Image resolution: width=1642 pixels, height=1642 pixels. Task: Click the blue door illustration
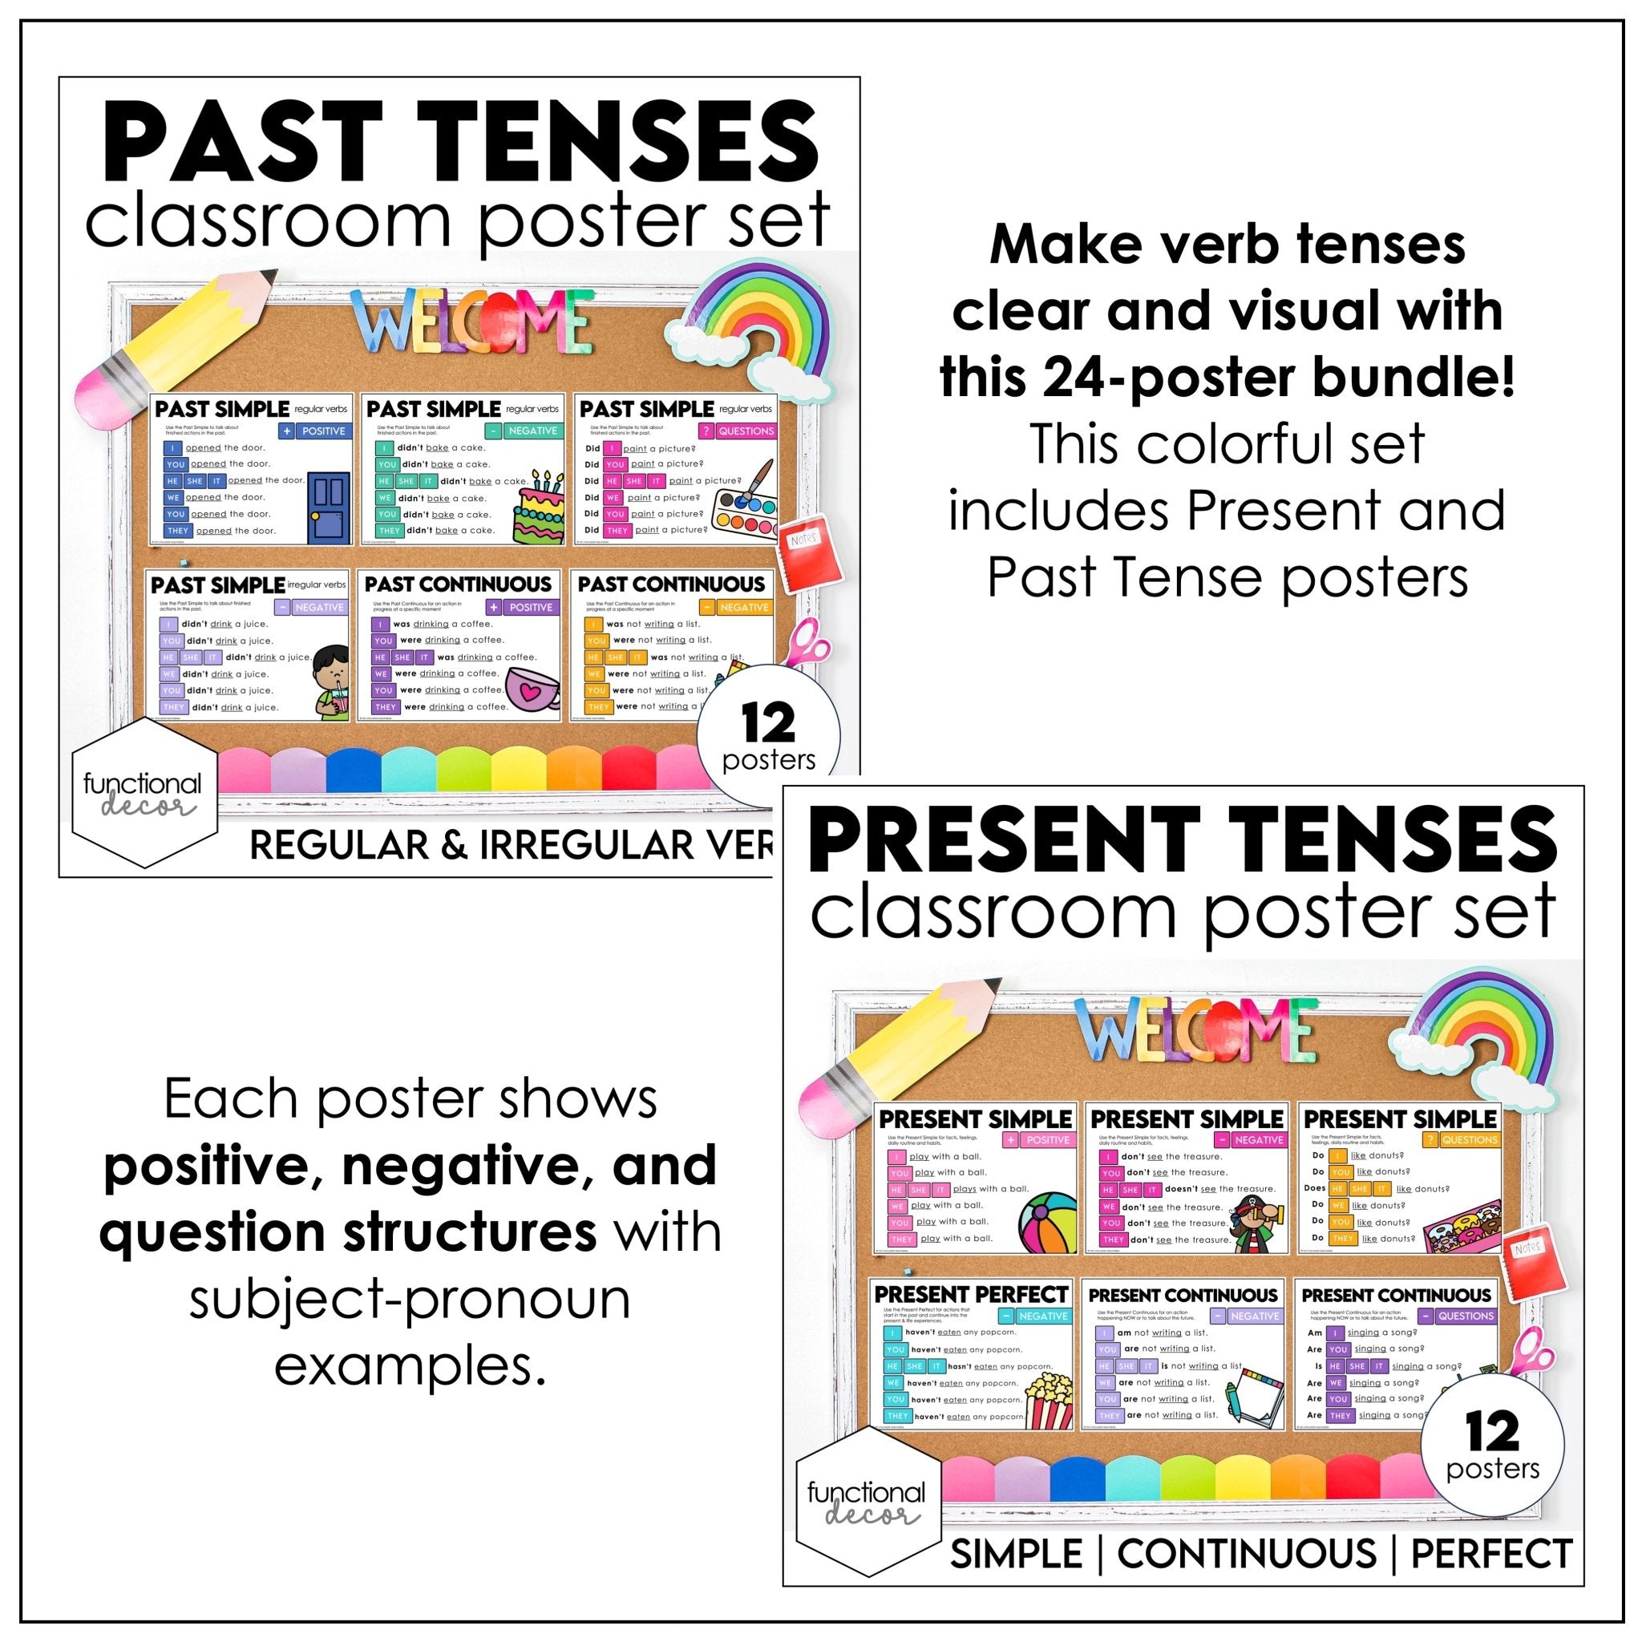pyautogui.click(x=329, y=508)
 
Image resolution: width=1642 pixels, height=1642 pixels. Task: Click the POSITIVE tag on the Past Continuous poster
pyautogui.click(x=523, y=608)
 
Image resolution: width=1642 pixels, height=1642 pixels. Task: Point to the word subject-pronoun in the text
pyautogui.click(x=410, y=1300)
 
